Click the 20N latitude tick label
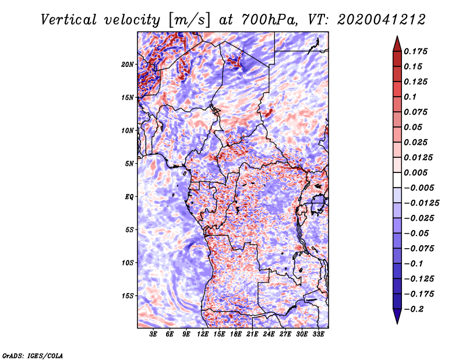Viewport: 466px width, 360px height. pyautogui.click(x=128, y=65)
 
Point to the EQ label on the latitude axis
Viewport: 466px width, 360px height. pyautogui.click(x=129, y=197)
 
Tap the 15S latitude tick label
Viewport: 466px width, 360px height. pyautogui.click(x=128, y=296)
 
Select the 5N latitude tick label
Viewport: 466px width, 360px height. pyautogui.click(x=129, y=164)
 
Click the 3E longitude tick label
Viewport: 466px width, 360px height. pyautogui.click(x=153, y=334)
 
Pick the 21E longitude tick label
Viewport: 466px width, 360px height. pyautogui.click(x=252, y=334)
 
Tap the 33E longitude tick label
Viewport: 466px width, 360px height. pyautogui.click(x=318, y=334)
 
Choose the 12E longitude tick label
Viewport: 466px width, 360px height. pyautogui.click(x=202, y=334)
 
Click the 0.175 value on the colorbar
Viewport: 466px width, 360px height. pyautogui.click(x=416, y=51)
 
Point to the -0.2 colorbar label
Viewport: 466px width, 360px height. pyautogui.click(x=414, y=309)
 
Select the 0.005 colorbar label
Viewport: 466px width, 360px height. pyautogui.click(x=416, y=172)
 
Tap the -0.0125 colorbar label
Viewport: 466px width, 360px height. pyautogui.click(x=421, y=203)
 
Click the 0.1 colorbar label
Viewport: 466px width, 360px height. pyautogui.click(x=410, y=97)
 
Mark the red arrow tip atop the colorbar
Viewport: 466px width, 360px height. pyautogui.click(x=397, y=36)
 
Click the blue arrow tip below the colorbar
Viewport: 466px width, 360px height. pyautogui.click(x=397, y=323)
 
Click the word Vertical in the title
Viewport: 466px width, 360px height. pyautogui.click(x=69, y=20)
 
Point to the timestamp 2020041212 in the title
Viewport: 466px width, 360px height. pyautogui.click(x=382, y=20)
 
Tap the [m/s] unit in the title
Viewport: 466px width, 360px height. pyautogui.click(x=189, y=20)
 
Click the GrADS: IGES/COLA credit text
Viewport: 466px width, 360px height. pyautogui.click(x=33, y=355)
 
